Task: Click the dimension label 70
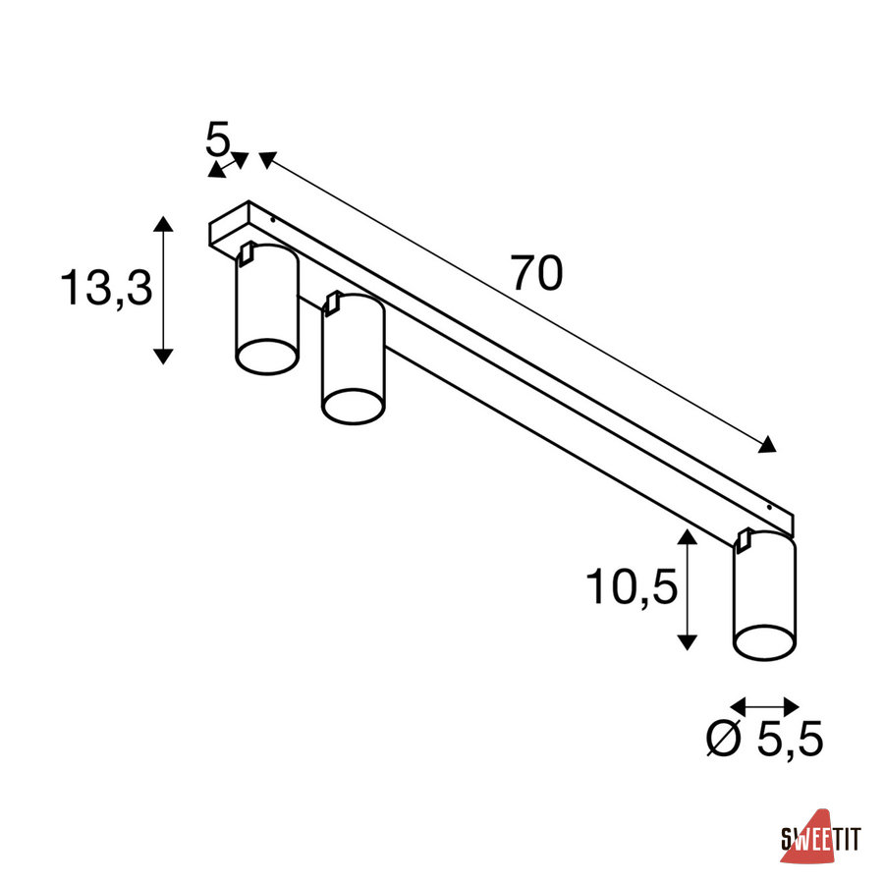pyautogui.click(x=536, y=274)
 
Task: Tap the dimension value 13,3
pyautogui.click(x=106, y=288)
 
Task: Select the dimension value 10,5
pyautogui.click(x=632, y=587)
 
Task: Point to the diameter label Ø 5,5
pyautogui.click(x=765, y=739)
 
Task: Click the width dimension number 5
pyautogui.click(x=217, y=138)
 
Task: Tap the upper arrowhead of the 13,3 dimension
pyautogui.click(x=163, y=224)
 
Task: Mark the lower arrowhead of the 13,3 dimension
pyautogui.click(x=163, y=357)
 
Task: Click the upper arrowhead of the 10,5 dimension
pyautogui.click(x=687, y=536)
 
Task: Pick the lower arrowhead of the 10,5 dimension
pyautogui.click(x=687, y=642)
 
